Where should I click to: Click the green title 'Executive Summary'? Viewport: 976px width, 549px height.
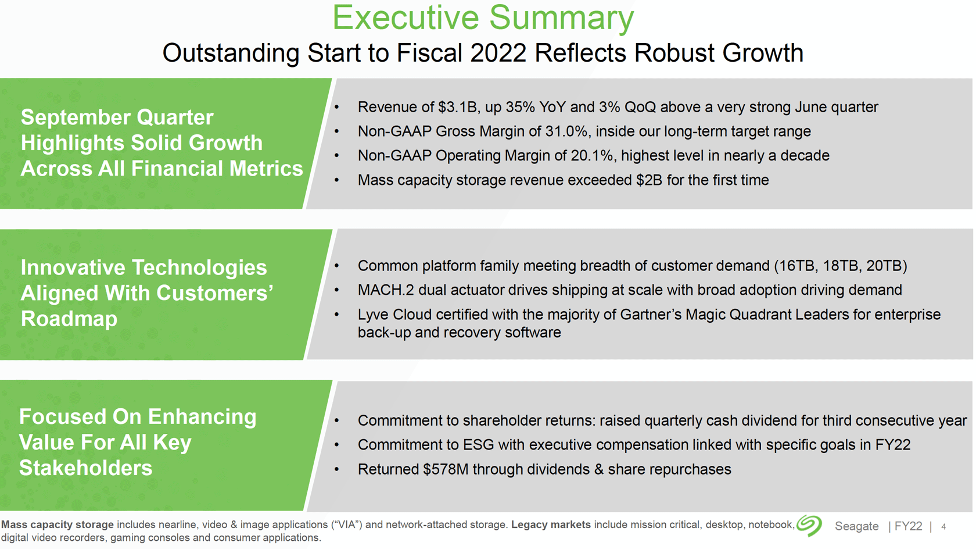pyautogui.click(x=483, y=18)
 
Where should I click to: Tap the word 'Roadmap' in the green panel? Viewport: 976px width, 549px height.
pyautogui.click(x=69, y=319)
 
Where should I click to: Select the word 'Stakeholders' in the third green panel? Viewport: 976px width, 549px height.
pyautogui.click(x=85, y=468)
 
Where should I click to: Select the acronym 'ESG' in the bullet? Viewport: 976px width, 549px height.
pyautogui.click(x=479, y=445)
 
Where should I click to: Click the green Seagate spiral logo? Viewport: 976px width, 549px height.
pyautogui.click(x=809, y=526)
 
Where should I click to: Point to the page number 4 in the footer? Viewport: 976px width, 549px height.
pyautogui.click(x=943, y=527)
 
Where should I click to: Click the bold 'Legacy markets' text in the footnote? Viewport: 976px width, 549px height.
pyautogui.click(x=551, y=525)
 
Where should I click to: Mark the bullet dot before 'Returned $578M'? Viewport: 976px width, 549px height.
pyautogui.click(x=336, y=470)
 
